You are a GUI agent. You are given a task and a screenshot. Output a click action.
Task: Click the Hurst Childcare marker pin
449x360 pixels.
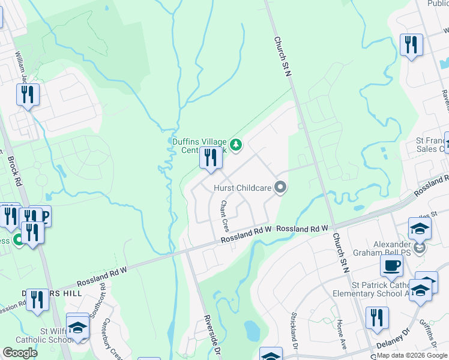tap(280, 188)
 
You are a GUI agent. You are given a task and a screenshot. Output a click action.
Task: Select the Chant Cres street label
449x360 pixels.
tap(224, 217)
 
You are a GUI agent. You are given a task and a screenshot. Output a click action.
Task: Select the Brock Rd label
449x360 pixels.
tap(14, 172)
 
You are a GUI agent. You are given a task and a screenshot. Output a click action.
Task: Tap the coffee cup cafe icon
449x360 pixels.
tap(391, 265)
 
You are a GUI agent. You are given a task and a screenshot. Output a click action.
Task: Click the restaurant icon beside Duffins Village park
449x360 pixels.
tap(210, 158)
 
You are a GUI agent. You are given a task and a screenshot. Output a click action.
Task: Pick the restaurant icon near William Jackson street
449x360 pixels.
tap(28, 95)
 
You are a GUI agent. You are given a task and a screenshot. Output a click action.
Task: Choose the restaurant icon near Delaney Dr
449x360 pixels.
tap(377, 317)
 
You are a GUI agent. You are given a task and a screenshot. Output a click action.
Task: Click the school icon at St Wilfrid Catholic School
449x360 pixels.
tap(77, 327)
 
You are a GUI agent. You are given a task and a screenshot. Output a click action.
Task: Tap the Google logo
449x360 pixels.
tap(20, 353)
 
